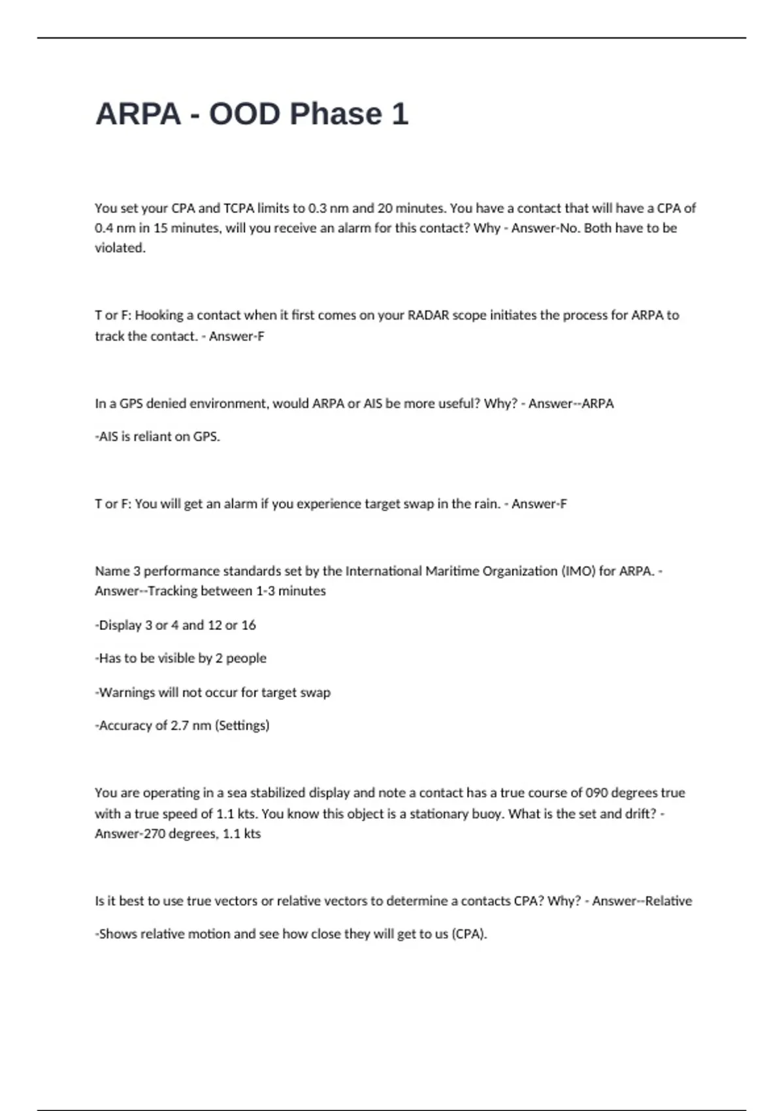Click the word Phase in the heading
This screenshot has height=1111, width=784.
click(x=335, y=114)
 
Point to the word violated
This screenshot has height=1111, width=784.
click(x=120, y=248)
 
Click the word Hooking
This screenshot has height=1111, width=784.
click(x=159, y=315)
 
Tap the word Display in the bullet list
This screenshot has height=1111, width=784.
click(x=120, y=625)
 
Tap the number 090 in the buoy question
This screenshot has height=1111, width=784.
click(x=597, y=793)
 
